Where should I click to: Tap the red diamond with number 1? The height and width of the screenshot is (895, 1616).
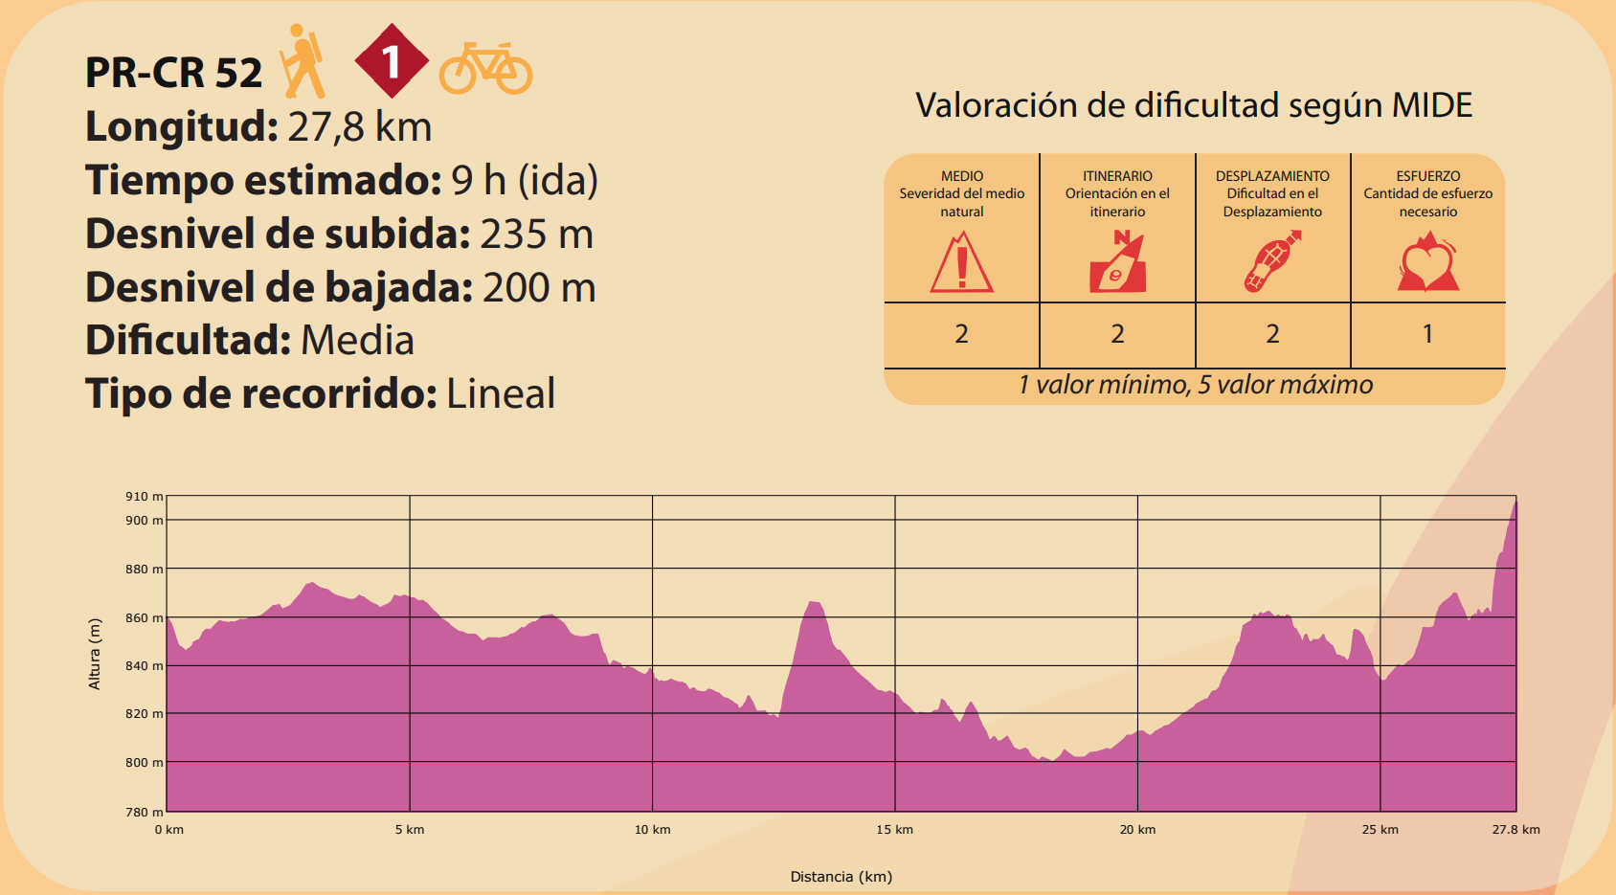[x=391, y=61]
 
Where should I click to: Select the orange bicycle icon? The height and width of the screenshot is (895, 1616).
[x=485, y=69]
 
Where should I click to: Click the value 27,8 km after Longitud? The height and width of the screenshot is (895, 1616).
[x=360, y=127]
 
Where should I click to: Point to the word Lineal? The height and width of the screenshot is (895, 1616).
[x=501, y=394]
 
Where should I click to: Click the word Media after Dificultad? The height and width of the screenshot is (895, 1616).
[x=357, y=341]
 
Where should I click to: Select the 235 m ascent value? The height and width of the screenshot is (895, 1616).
[x=536, y=235]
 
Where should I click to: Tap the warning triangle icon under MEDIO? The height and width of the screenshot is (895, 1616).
[x=961, y=264]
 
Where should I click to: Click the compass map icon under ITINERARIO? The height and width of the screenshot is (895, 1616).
[x=1117, y=262]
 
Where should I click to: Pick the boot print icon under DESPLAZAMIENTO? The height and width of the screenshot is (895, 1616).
[x=1271, y=262]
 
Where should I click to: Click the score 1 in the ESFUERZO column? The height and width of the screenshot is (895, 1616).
[x=1427, y=334]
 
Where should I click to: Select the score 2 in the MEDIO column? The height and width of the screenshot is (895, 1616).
[x=961, y=334]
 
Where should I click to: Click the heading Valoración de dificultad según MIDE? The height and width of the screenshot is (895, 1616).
[x=1194, y=105]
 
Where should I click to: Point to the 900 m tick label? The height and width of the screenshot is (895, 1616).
[x=144, y=521]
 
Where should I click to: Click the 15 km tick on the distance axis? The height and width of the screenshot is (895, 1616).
[x=894, y=830]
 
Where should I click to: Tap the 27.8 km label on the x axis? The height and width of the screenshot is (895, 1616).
[x=1515, y=830]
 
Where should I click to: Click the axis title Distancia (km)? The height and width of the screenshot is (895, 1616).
[x=841, y=877]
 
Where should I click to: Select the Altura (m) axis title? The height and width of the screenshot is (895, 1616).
[x=95, y=654]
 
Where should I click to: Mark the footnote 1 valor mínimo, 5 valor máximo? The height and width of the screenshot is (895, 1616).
[x=1195, y=385]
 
